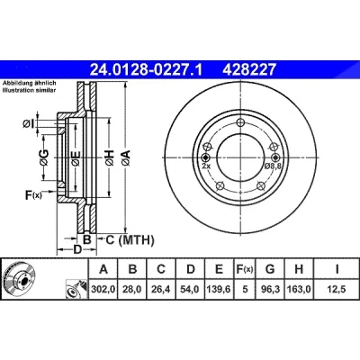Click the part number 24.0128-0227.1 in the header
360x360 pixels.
[x=147, y=70]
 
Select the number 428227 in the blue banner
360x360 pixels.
[x=248, y=70]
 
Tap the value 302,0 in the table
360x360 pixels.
[x=103, y=289]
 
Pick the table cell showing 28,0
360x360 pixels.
[x=132, y=289]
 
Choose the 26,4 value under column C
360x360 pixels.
[x=161, y=289]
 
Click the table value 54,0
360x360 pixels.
[x=190, y=289]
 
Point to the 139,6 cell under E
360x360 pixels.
[x=219, y=289]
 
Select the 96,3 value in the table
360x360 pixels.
[x=270, y=289]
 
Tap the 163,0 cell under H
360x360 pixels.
[x=299, y=289]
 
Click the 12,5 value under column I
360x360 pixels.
[x=337, y=289]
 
